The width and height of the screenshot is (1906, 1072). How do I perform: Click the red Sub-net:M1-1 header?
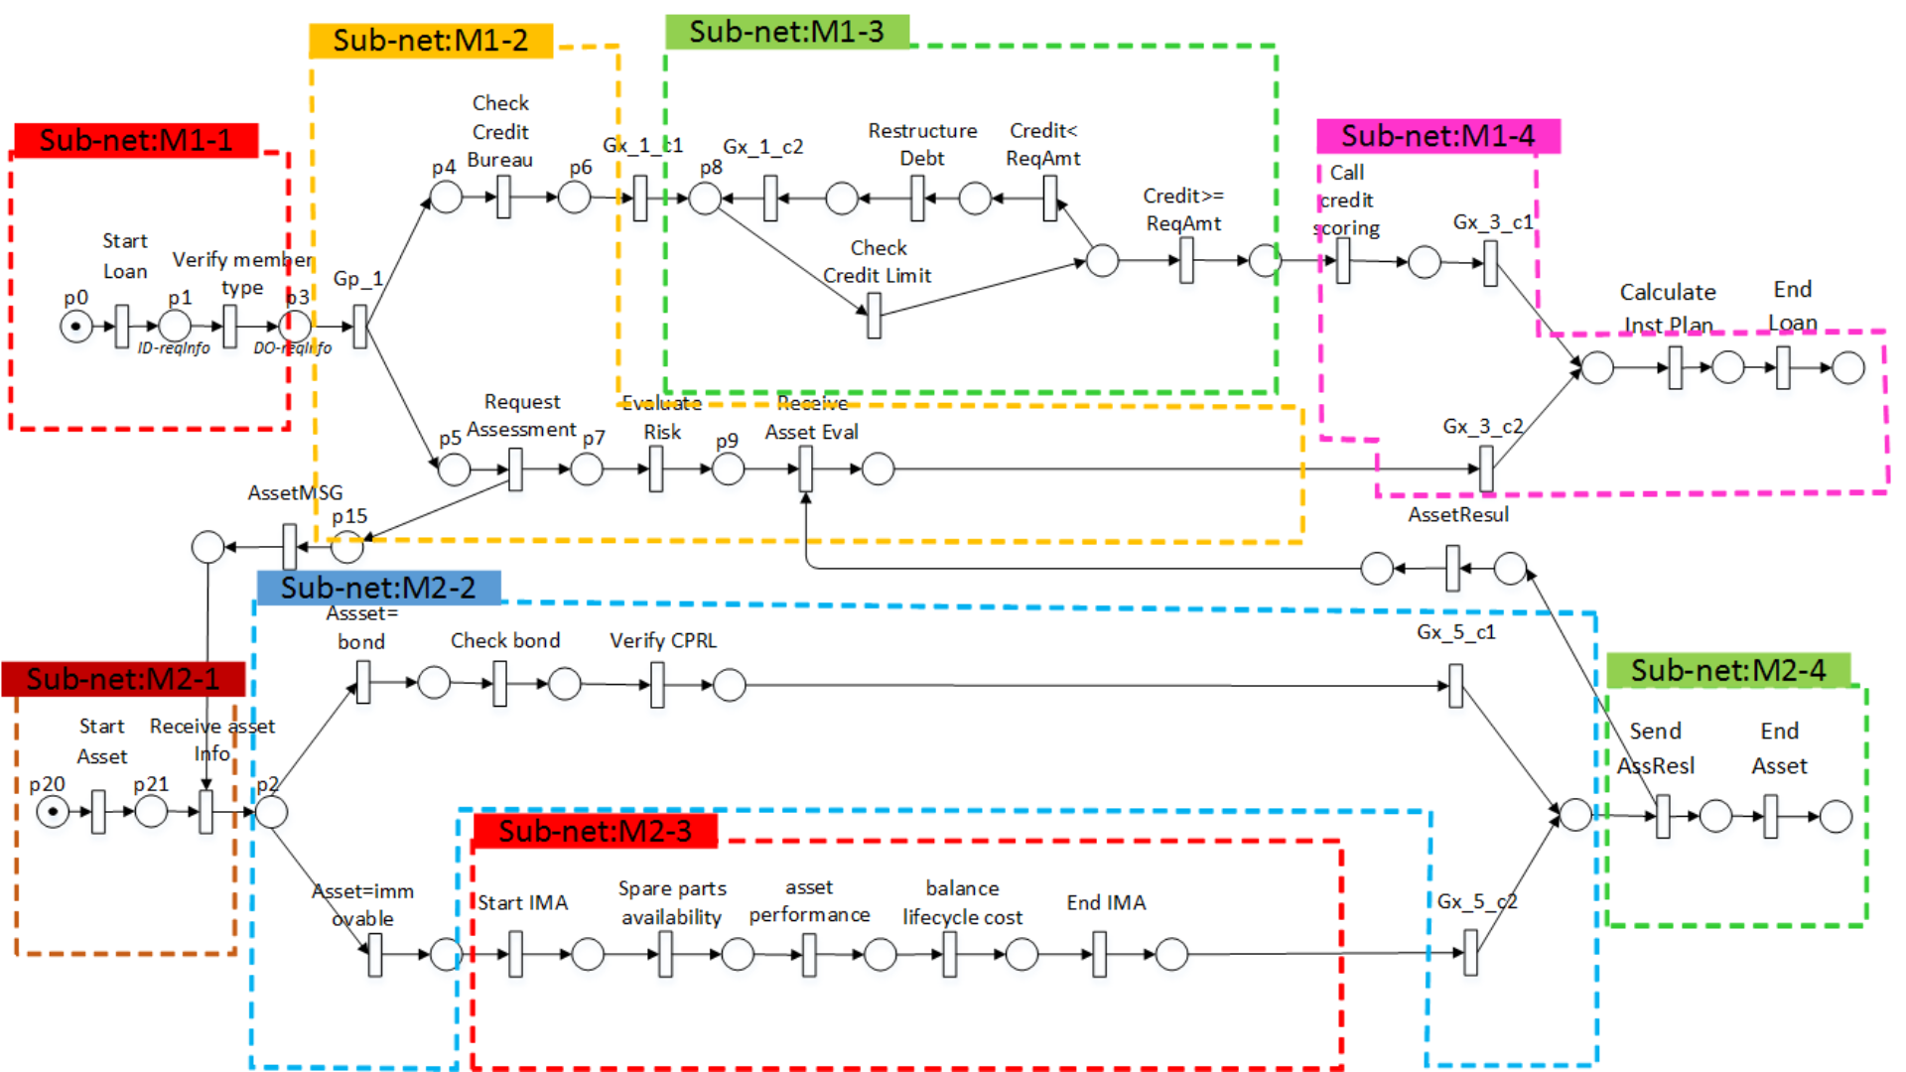click(x=136, y=140)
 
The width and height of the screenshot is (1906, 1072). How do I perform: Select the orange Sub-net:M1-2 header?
click(x=430, y=41)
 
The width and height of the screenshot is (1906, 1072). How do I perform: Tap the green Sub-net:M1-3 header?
click(x=786, y=32)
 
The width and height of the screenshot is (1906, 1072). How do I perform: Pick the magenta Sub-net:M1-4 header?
click(x=1437, y=136)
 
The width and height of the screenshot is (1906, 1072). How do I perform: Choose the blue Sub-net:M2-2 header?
click(x=378, y=588)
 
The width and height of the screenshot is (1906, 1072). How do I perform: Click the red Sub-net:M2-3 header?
click(x=595, y=831)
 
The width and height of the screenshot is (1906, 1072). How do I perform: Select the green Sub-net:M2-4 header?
click(x=1727, y=671)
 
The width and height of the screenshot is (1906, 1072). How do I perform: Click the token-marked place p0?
click(x=76, y=327)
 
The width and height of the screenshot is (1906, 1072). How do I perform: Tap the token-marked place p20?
click(x=53, y=812)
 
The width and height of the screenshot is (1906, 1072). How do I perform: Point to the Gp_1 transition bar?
click(x=359, y=327)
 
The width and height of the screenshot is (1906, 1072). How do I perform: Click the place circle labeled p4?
click(x=446, y=198)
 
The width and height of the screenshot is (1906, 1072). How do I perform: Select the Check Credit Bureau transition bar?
click(x=503, y=198)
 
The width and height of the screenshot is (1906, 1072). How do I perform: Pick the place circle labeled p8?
click(x=705, y=199)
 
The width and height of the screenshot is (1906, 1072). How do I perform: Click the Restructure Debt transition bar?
click(x=917, y=199)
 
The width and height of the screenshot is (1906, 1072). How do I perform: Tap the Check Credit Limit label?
click(x=878, y=262)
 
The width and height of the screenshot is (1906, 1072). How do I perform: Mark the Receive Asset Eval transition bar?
click(x=805, y=469)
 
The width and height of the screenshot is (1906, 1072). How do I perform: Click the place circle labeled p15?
click(x=346, y=546)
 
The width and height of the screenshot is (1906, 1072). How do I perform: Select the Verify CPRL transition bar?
click(x=657, y=685)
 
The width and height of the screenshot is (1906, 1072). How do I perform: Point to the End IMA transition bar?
click(x=1099, y=954)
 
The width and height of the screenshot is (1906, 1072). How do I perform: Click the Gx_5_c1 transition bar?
click(x=1455, y=686)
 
